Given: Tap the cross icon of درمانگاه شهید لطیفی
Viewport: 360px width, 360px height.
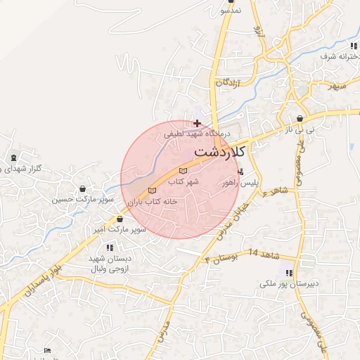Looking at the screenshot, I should (x=197, y=123).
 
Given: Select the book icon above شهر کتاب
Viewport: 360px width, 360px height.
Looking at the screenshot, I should (x=184, y=171).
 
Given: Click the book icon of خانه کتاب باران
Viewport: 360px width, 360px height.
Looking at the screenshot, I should (x=153, y=191).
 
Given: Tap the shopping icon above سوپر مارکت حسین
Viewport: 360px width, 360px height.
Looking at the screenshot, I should (x=84, y=188).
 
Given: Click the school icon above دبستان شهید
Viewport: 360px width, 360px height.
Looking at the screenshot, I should (x=110, y=247).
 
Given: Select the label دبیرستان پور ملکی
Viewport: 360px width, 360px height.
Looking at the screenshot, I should (x=289, y=284).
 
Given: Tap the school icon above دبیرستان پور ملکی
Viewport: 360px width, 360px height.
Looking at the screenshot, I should (x=288, y=273).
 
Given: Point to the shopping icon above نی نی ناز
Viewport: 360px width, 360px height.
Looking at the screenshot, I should (x=301, y=119).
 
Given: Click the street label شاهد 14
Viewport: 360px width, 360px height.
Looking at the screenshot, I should (x=264, y=252).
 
